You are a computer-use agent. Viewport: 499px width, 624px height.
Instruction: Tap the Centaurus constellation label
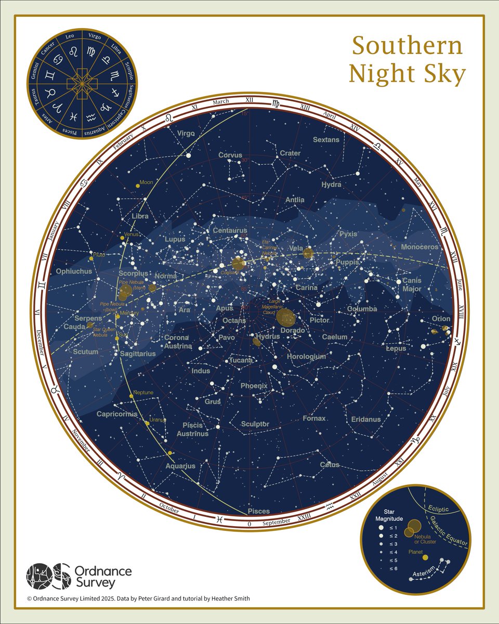pos(229,230)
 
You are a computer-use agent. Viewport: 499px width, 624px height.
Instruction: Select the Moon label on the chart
pos(147,183)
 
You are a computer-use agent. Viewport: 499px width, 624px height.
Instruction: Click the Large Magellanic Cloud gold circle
pos(286,316)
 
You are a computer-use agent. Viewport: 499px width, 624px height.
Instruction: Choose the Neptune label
pos(143,392)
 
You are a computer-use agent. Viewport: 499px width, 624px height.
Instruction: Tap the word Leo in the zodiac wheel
pos(69,36)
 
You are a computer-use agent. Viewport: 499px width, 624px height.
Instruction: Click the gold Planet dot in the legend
pos(425,557)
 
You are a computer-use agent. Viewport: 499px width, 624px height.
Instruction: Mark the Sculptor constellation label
pos(255,424)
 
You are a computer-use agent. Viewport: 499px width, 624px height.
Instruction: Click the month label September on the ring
pos(277,522)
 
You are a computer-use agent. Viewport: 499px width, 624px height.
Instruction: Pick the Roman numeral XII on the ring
pos(248,100)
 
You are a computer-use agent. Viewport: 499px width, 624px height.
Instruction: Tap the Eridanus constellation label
pos(365,419)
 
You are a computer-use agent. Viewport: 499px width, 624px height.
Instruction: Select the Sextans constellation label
pos(326,140)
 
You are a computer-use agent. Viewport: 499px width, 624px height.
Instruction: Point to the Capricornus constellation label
pos(117,414)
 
